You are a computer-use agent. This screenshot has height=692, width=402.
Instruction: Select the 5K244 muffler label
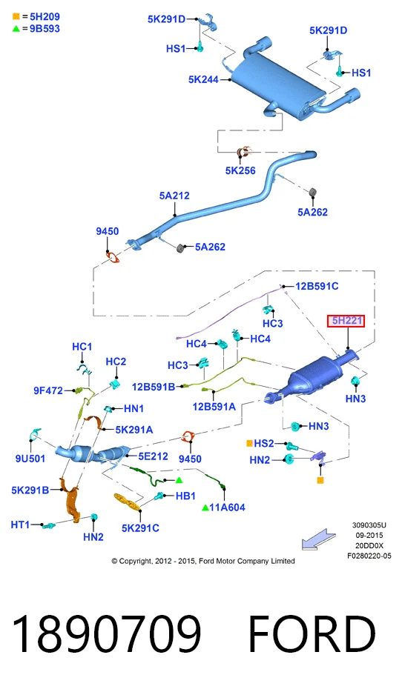click(x=203, y=80)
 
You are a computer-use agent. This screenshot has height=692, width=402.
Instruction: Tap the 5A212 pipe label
click(x=174, y=196)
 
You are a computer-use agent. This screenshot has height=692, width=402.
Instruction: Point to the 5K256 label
click(x=240, y=170)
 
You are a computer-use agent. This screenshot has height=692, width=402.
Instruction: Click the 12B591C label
click(x=317, y=286)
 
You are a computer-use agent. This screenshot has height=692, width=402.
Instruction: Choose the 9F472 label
click(x=48, y=390)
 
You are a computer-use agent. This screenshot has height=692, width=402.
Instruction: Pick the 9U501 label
click(x=30, y=459)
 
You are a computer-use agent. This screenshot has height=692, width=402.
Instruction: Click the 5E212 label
click(x=154, y=456)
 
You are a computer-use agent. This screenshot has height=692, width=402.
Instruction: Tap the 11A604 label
click(x=227, y=508)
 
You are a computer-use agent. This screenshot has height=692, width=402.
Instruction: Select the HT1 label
click(x=20, y=525)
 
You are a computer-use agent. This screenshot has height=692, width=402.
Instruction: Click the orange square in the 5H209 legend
click(x=16, y=17)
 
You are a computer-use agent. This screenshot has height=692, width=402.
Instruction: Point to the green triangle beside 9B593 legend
click(x=16, y=29)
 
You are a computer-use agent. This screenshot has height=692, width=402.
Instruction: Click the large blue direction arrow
click(x=318, y=539)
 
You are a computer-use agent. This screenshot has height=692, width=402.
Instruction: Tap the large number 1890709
click(x=107, y=633)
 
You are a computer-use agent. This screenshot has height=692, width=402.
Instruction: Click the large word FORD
click(x=312, y=633)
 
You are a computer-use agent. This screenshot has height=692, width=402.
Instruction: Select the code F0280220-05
click(x=369, y=556)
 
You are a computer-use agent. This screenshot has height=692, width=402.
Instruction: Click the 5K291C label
click(x=140, y=528)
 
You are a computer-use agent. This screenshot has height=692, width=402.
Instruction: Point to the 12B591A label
click(x=214, y=407)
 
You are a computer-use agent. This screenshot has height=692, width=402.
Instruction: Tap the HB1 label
click(x=185, y=496)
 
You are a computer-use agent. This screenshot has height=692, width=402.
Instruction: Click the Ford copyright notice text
click(x=203, y=561)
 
